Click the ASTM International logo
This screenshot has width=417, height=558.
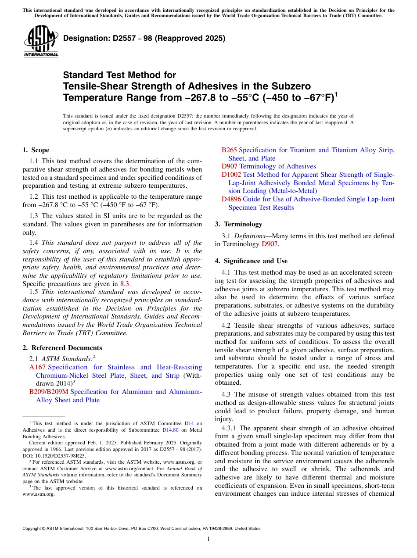[41, 41]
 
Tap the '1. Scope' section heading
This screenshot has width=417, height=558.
[36, 150]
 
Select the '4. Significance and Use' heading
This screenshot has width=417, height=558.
[251, 261]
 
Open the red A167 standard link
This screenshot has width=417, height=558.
[37, 367]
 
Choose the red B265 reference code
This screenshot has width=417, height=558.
[229, 150]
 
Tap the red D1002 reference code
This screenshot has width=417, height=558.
[231, 175]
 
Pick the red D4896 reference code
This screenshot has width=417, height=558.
[231, 199]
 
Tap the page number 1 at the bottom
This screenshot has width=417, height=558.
[208, 539]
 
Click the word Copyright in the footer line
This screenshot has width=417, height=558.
[32, 529]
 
